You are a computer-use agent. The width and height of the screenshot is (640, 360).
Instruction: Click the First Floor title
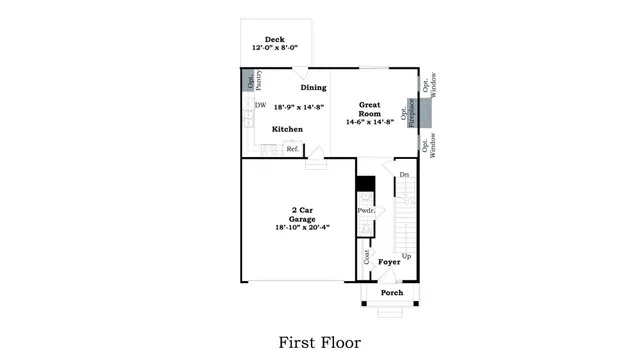coord(319,342)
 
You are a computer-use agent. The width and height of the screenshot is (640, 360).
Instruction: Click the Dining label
coord(313,87)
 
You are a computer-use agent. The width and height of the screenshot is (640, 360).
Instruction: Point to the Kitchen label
coord(288,129)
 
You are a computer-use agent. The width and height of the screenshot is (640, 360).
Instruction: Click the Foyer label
coord(388,262)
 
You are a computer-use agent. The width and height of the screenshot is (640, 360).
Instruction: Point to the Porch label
coord(392,293)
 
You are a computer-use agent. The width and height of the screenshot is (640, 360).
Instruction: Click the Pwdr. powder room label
coord(365,211)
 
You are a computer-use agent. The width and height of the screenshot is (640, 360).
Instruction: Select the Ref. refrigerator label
coord(293,149)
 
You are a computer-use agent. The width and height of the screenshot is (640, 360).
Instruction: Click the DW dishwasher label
coord(260,105)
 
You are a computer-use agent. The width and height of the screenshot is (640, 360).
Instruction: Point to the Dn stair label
coord(404,175)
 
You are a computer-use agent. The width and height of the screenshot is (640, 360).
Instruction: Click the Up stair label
coord(406,256)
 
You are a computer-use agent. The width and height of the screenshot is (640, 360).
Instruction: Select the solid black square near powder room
coord(365,184)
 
